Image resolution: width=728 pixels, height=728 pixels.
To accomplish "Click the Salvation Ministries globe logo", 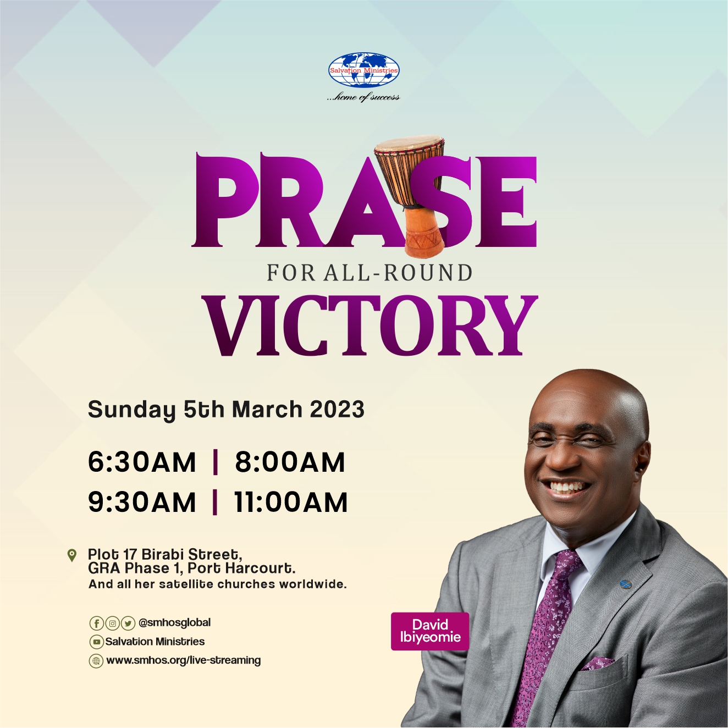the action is pyautogui.click(x=364, y=70).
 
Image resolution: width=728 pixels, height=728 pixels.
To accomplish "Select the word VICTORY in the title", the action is pyautogui.click(x=369, y=326).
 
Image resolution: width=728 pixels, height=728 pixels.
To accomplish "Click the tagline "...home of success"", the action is pyautogui.click(x=363, y=97).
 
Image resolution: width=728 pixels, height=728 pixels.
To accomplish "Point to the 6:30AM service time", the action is pyautogui.click(x=142, y=462).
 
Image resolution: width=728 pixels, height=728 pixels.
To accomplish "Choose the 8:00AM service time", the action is pyautogui.click(x=290, y=462).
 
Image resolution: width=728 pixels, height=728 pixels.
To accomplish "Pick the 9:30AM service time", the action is pyautogui.click(x=142, y=502).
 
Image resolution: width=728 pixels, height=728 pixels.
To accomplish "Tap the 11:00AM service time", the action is pyautogui.click(x=291, y=502).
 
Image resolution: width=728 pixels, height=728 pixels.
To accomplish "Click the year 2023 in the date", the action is pyautogui.click(x=337, y=409).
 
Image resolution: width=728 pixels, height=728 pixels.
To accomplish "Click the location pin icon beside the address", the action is pyautogui.click(x=71, y=555).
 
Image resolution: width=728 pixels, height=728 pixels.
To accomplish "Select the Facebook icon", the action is pyautogui.click(x=96, y=624).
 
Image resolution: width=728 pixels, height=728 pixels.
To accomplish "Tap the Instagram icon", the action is pyautogui.click(x=112, y=624).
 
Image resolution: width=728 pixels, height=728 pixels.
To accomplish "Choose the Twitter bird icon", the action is pyautogui.click(x=128, y=624).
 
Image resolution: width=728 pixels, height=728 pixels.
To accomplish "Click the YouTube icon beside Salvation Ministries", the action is pyautogui.click(x=96, y=642).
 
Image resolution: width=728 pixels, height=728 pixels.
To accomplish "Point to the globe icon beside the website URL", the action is pyautogui.click(x=96, y=661).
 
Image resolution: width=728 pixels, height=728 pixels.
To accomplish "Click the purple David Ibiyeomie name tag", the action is pyautogui.click(x=430, y=631).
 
